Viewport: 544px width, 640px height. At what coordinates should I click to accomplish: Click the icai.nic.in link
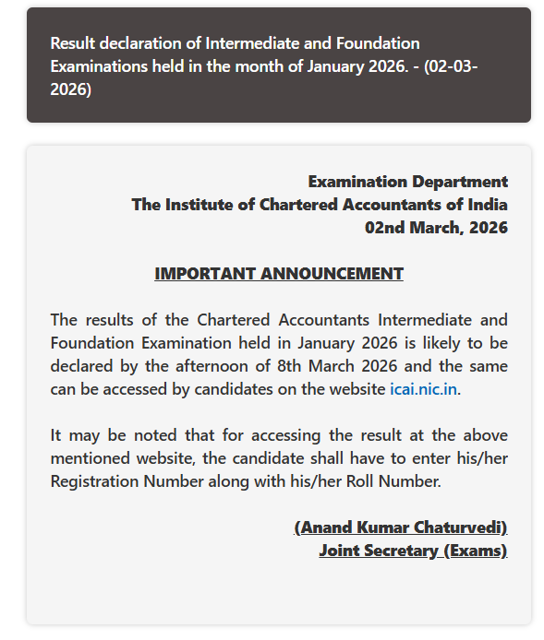pos(424,389)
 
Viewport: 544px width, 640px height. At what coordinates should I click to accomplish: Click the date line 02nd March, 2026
pos(436,228)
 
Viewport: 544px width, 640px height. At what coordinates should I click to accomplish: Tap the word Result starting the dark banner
pos(73,43)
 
